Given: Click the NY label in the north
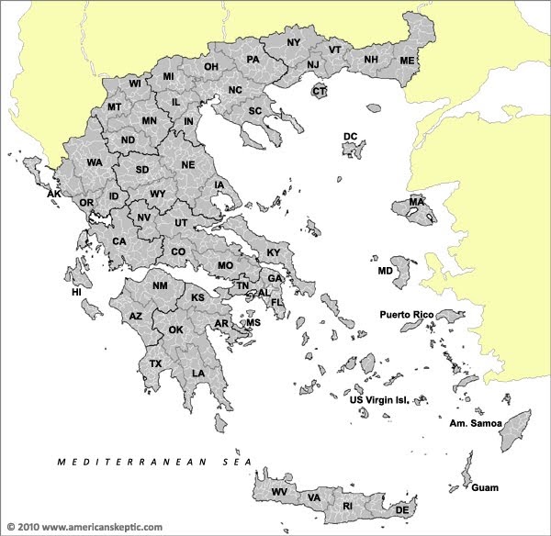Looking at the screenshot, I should tap(293, 43).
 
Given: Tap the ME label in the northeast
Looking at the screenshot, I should tap(407, 61).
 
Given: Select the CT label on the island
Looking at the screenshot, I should tap(320, 92).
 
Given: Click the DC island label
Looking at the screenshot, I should tap(350, 137).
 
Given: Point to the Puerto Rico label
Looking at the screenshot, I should tap(406, 314).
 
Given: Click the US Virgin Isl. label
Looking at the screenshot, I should tap(386, 400).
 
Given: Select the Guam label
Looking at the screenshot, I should tap(485, 487).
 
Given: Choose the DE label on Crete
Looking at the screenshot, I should tap(401, 509).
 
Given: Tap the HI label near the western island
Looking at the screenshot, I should tap(76, 293).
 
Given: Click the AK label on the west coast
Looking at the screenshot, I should tap(54, 195).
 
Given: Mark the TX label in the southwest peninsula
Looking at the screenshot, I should tap(155, 364).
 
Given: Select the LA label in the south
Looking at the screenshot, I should tap(198, 374).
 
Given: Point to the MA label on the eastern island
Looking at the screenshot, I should tap(417, 202).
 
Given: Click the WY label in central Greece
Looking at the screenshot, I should tap(158, 195).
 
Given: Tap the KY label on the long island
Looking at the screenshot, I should tap(273, 252).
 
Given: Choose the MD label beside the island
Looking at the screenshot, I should tap(385, 273).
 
